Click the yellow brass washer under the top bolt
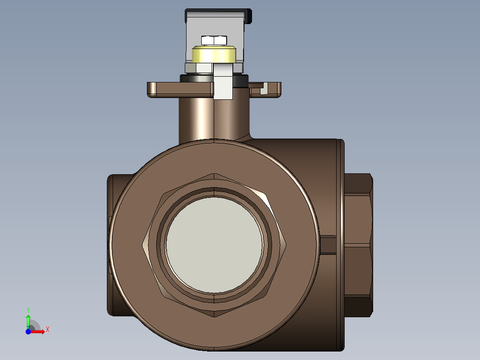(x=214, y=54)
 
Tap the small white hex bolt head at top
(x=214, y=41)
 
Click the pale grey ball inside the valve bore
(x=214, y=245)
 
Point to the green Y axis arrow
(x=28, y=321)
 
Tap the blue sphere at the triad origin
(x=28, y=331)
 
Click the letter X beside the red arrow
(x=48, y=330)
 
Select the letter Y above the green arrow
(x=28, y=310)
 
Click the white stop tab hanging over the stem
(x=223, y=81)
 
